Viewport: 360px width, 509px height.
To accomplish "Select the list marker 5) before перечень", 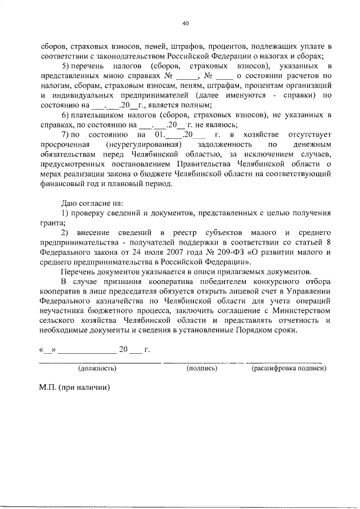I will coord(65,66).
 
